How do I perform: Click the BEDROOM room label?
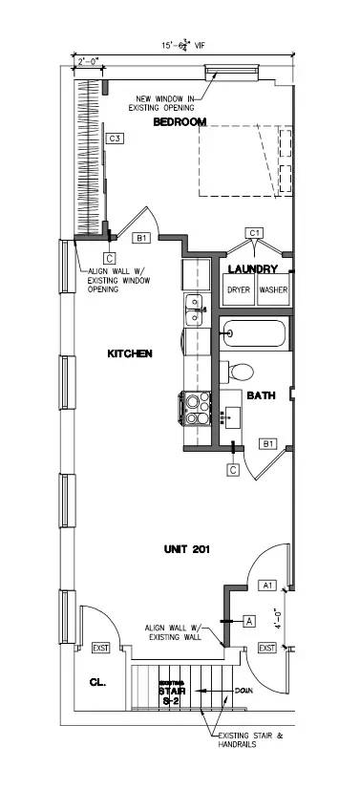181,122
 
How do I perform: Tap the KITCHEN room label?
130,353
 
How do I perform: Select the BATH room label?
262,394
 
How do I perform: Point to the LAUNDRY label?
254,269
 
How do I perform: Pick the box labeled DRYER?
238,289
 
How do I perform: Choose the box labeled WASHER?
273,289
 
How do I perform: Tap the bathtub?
253,334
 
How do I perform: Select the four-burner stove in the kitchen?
197,409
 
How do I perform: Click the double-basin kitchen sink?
194,308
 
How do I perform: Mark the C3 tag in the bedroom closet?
115,139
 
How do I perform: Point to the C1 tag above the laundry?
254,232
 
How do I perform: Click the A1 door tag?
268,585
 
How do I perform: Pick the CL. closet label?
97,683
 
